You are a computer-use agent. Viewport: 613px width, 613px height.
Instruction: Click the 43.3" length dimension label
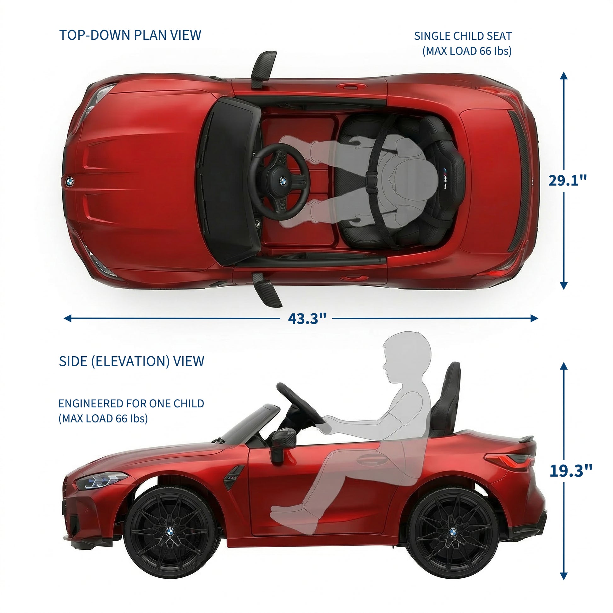[307, 318]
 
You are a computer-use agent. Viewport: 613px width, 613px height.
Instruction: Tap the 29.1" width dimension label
[568, 180]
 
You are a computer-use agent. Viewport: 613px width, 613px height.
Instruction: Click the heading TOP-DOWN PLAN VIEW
[130, 35]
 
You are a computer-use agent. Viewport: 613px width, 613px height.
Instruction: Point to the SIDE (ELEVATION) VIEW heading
[131, 361]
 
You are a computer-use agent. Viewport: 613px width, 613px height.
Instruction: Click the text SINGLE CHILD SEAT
[463, 36]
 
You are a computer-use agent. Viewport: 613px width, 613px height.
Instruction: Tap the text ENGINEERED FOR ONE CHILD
[131, 403]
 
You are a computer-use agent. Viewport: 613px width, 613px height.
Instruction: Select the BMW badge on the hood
[70, 182]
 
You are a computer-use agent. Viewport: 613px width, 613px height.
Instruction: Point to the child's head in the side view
[406, 358]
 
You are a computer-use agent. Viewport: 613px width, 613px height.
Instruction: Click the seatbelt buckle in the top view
[370, 182]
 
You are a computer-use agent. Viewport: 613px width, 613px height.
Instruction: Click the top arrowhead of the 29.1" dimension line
[564, 76]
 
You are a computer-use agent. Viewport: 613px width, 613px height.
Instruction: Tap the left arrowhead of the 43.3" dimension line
[68, 318]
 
